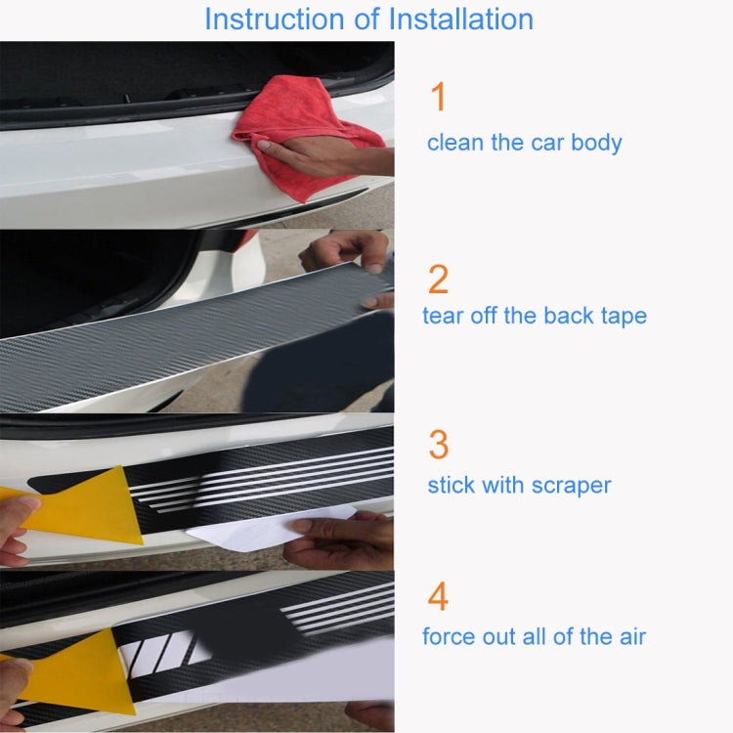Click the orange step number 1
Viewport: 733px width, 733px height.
438,98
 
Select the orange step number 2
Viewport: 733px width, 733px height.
439,280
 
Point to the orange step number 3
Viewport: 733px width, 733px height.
439,444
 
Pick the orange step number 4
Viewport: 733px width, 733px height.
439,596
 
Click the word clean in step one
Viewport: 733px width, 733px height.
456,143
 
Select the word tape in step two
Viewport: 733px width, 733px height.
621,316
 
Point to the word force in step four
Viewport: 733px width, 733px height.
449,637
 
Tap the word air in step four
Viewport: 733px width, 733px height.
629,637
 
